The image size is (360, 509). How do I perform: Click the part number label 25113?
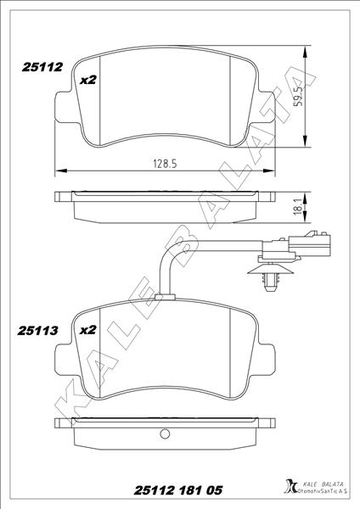coord(36,332)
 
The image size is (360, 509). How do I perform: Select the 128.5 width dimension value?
coord(159,164)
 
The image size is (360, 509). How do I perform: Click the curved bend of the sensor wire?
coord(173,254)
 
